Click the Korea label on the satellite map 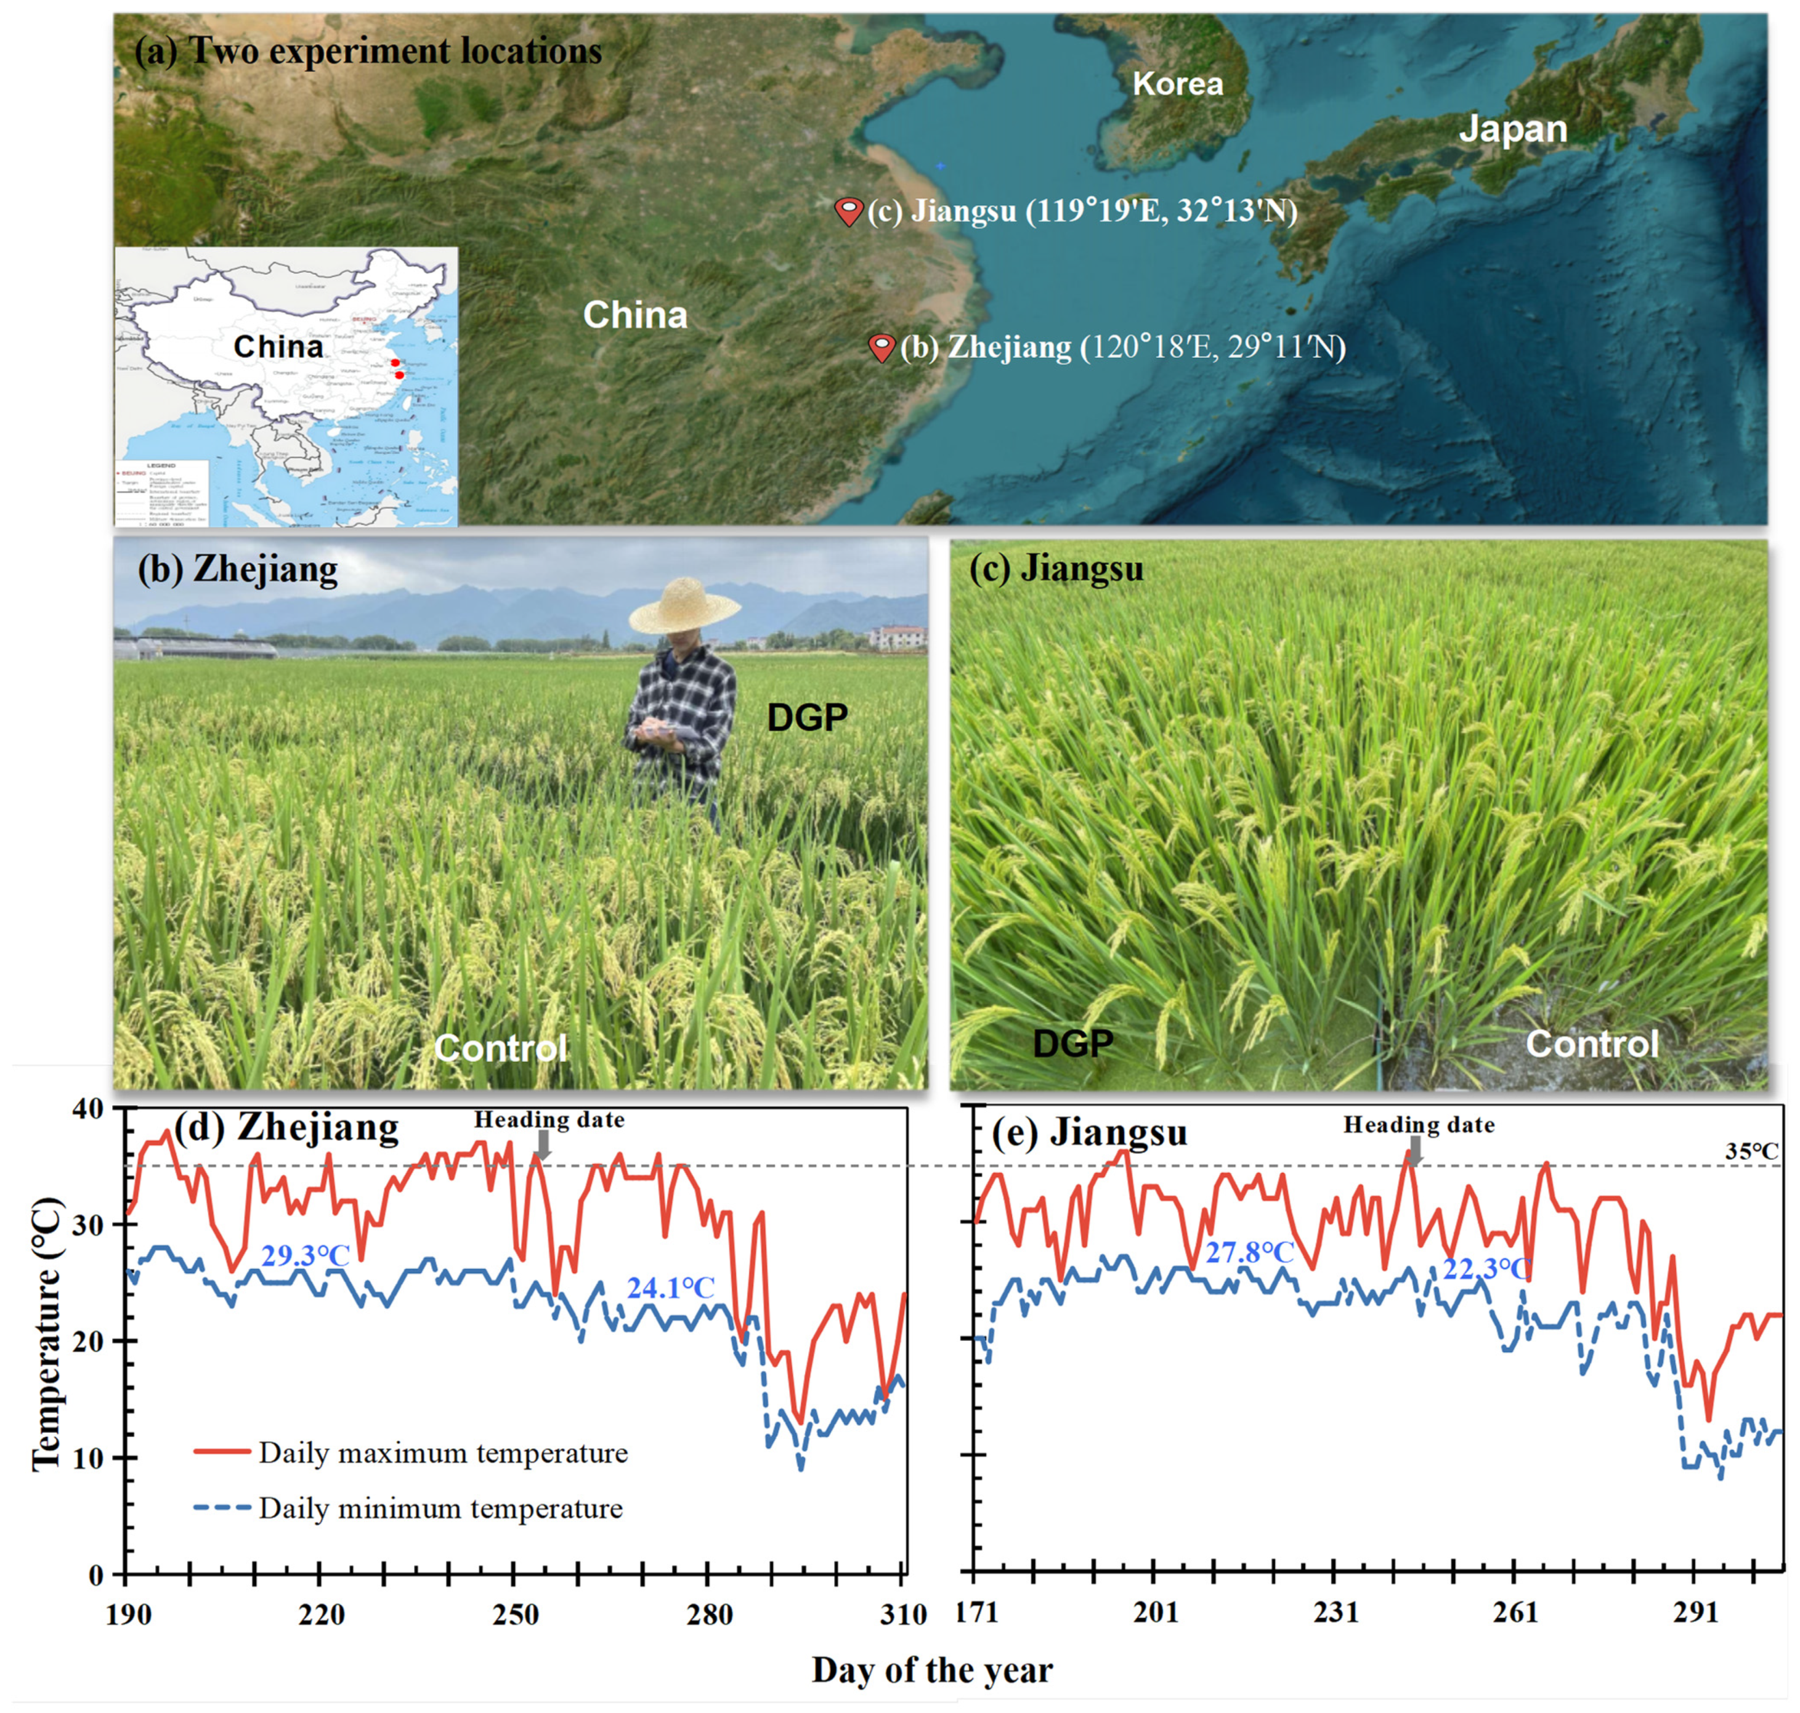[1177, 84]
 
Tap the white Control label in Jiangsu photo [1592, 1043]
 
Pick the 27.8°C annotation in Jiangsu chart [1249, 1252]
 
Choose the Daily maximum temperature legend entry [411, 1453]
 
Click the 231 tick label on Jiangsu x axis [1336, 1613]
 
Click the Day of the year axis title [931, 1670]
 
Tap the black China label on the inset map [278, 347]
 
